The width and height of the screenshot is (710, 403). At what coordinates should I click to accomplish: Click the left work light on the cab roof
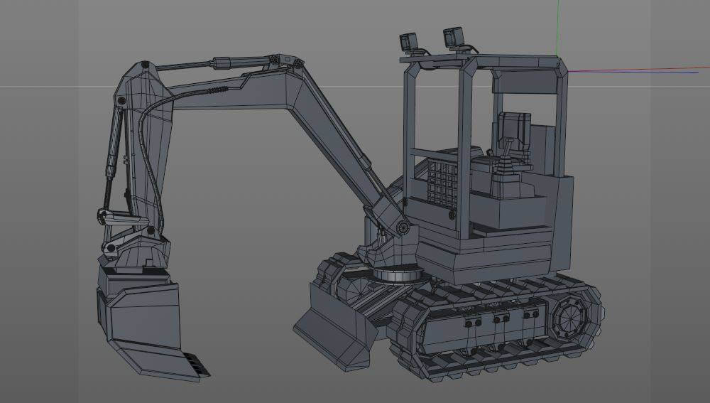point(409,42)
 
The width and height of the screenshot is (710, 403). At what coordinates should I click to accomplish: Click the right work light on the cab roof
point(453,36)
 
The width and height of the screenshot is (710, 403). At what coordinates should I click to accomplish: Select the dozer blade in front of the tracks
point(334,331)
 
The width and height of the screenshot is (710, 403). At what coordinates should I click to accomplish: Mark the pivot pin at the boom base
point(403,227)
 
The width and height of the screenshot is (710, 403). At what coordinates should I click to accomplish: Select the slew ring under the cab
point(395,274)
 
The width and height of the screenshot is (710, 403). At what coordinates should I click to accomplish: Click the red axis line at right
point(639,69)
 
